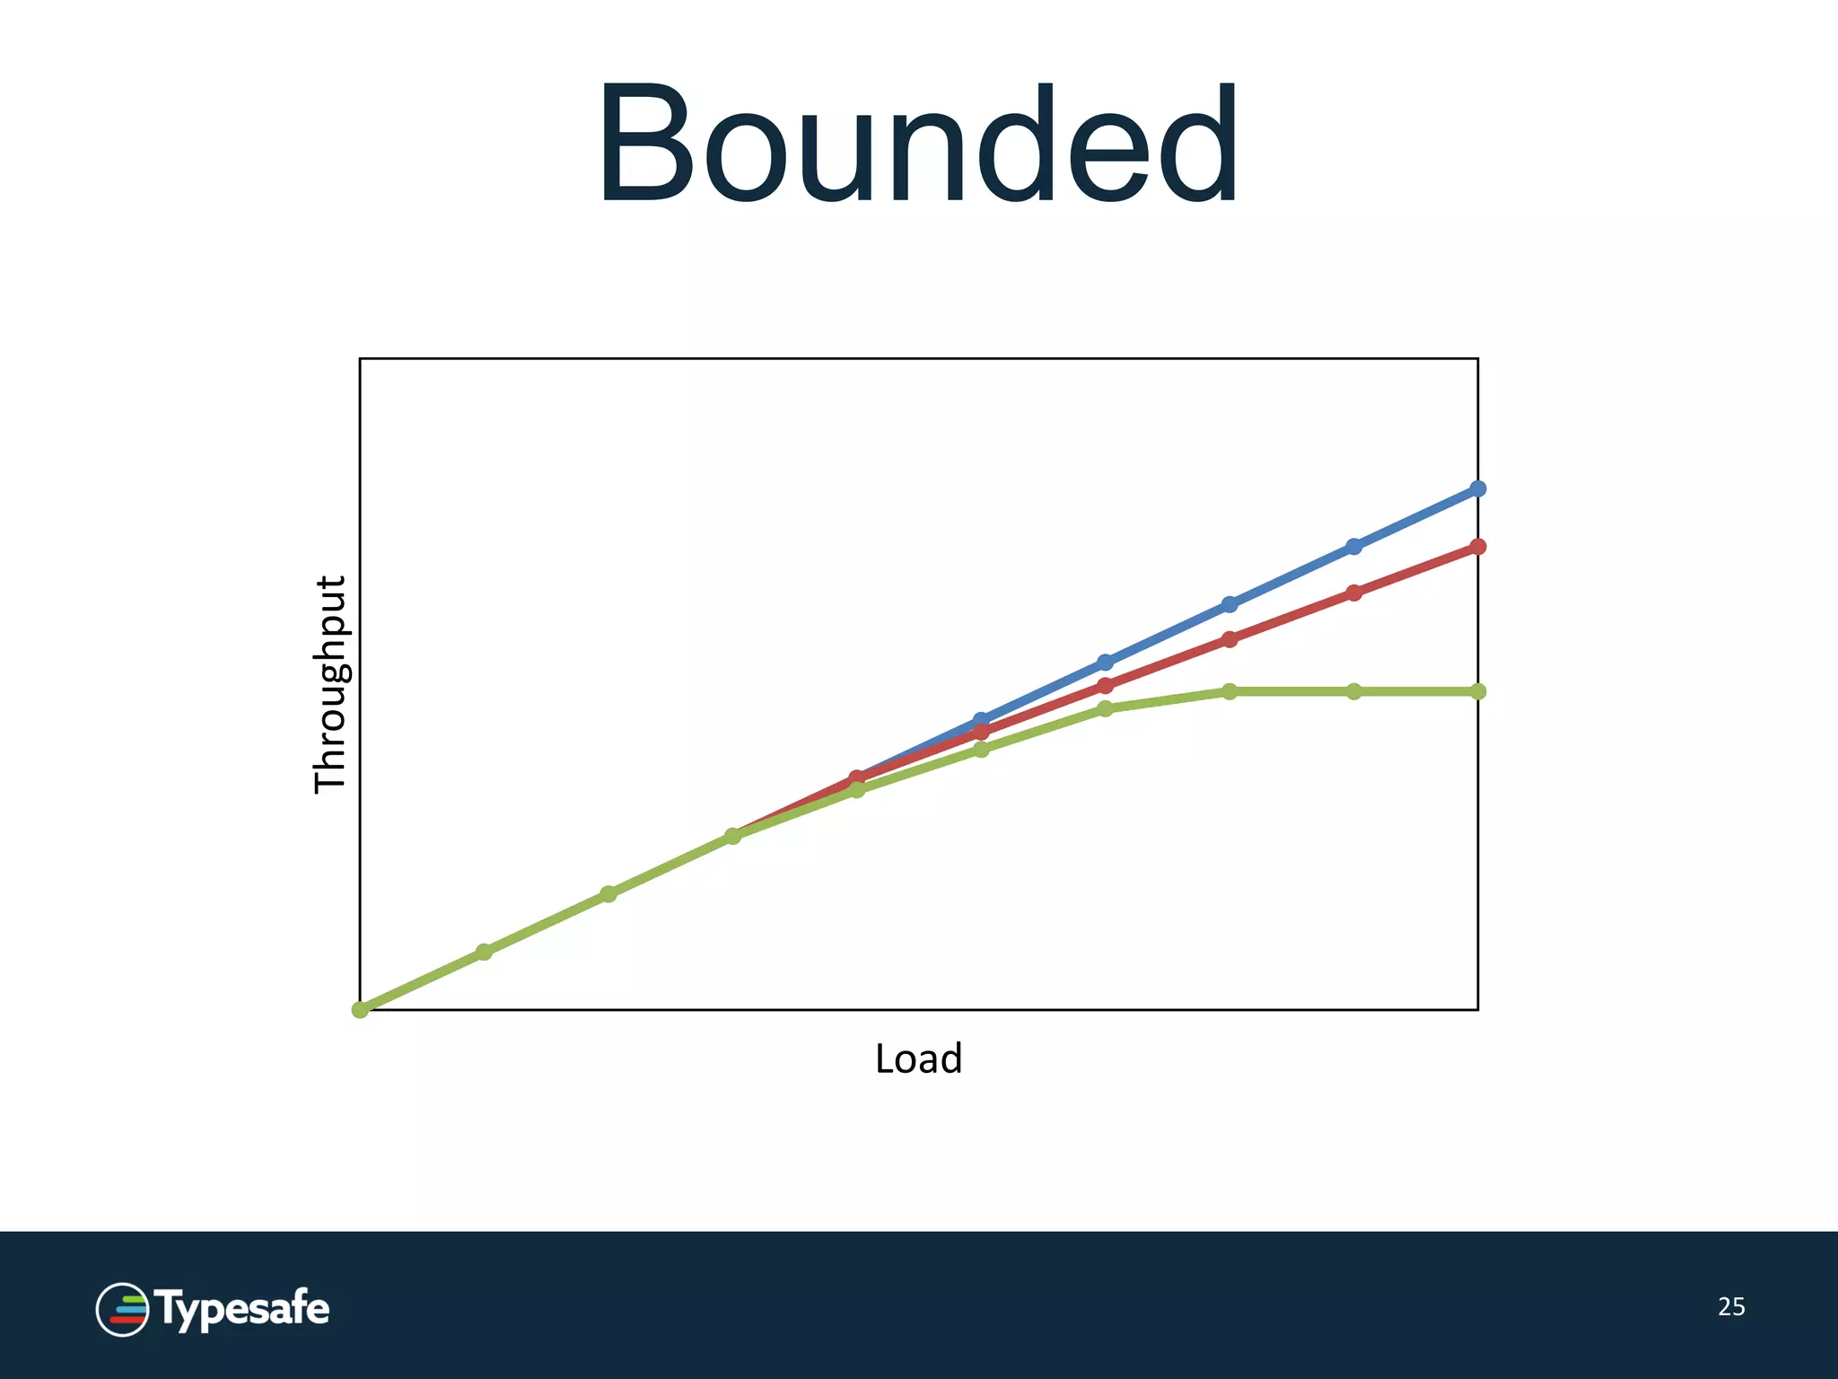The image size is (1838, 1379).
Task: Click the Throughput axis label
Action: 329,684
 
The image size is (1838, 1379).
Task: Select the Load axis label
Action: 918,1058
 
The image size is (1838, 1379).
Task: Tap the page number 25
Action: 1731,1306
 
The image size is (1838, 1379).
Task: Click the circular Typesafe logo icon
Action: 122,1309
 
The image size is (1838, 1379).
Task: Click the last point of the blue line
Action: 1478,488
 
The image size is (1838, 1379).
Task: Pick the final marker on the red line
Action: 1478,546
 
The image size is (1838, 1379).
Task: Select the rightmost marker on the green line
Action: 1478,691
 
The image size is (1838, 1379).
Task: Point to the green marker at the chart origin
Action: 360,1010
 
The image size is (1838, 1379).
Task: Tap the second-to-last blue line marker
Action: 1354,546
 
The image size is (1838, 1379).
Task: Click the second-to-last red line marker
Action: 1354,593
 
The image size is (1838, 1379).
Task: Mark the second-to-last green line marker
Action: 1354,691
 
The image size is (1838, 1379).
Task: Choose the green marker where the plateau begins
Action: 1230,691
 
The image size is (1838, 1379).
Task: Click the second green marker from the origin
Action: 484,952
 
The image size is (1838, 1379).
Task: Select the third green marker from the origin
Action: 608,894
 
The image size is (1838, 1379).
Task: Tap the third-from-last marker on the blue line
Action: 1230,604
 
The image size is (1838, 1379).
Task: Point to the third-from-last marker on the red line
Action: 1230,639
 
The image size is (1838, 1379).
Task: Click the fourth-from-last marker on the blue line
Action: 1106,663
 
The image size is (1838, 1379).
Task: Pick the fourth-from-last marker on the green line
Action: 1106,708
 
